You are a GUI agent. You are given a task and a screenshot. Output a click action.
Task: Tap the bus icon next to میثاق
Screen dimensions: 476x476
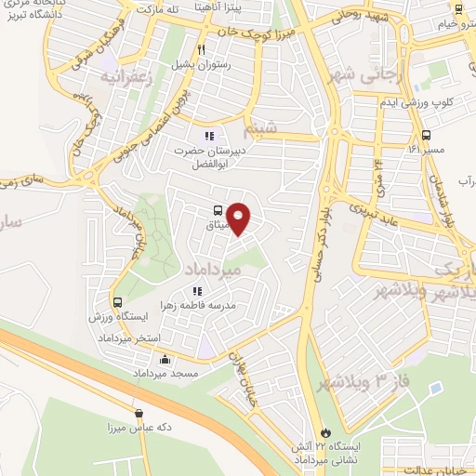218,211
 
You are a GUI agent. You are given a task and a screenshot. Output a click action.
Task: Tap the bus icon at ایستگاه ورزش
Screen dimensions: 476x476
118,302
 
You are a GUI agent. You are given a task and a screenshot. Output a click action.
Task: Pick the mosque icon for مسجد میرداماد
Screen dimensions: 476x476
165,360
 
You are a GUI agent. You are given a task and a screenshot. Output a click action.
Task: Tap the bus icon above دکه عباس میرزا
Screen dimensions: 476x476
139,413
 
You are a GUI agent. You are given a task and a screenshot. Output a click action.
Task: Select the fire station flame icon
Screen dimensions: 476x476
324,432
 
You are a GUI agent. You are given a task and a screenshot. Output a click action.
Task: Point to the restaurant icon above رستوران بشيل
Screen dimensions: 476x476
200,49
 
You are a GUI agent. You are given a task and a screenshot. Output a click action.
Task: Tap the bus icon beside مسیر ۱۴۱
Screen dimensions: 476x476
426,135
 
